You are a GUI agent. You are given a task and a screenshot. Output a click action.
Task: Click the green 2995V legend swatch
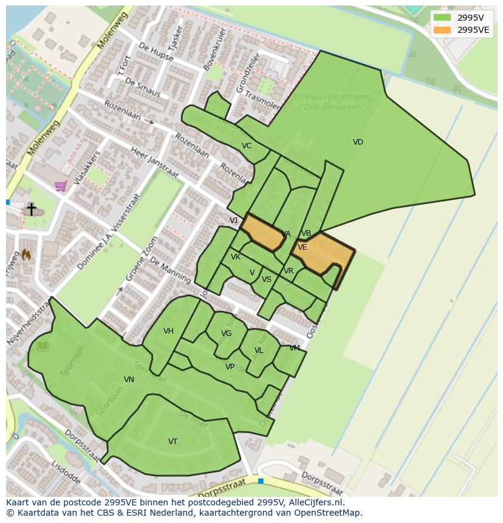(442, 18)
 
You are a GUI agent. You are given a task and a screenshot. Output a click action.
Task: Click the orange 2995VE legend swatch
(442, 30)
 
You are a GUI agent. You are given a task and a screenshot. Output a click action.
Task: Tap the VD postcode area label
(358, 142)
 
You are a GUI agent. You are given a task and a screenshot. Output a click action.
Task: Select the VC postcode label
(247, 146)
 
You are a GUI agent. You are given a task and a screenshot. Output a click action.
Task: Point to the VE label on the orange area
(302, 247)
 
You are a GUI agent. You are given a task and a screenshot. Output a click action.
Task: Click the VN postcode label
(129, 380)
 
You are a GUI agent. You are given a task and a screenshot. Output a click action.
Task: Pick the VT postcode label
(173, 442)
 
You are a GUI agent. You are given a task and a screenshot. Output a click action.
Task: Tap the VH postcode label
(168, 331)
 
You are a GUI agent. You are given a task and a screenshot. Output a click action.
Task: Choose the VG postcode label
(227, 333)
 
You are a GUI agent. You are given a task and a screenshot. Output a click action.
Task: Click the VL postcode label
(259, 350)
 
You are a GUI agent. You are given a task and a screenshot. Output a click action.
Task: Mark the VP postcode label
(230, 367)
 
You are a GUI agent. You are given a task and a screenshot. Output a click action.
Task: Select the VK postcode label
(236, 257)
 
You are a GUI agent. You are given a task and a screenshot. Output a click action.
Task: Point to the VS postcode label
(267, 279)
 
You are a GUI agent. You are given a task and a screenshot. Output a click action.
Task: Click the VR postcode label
(289, 271)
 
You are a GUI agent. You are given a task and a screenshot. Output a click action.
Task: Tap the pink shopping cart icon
(61, 186)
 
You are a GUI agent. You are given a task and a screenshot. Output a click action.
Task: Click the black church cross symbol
(31, 209)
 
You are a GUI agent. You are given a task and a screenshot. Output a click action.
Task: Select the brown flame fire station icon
(26, 255)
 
